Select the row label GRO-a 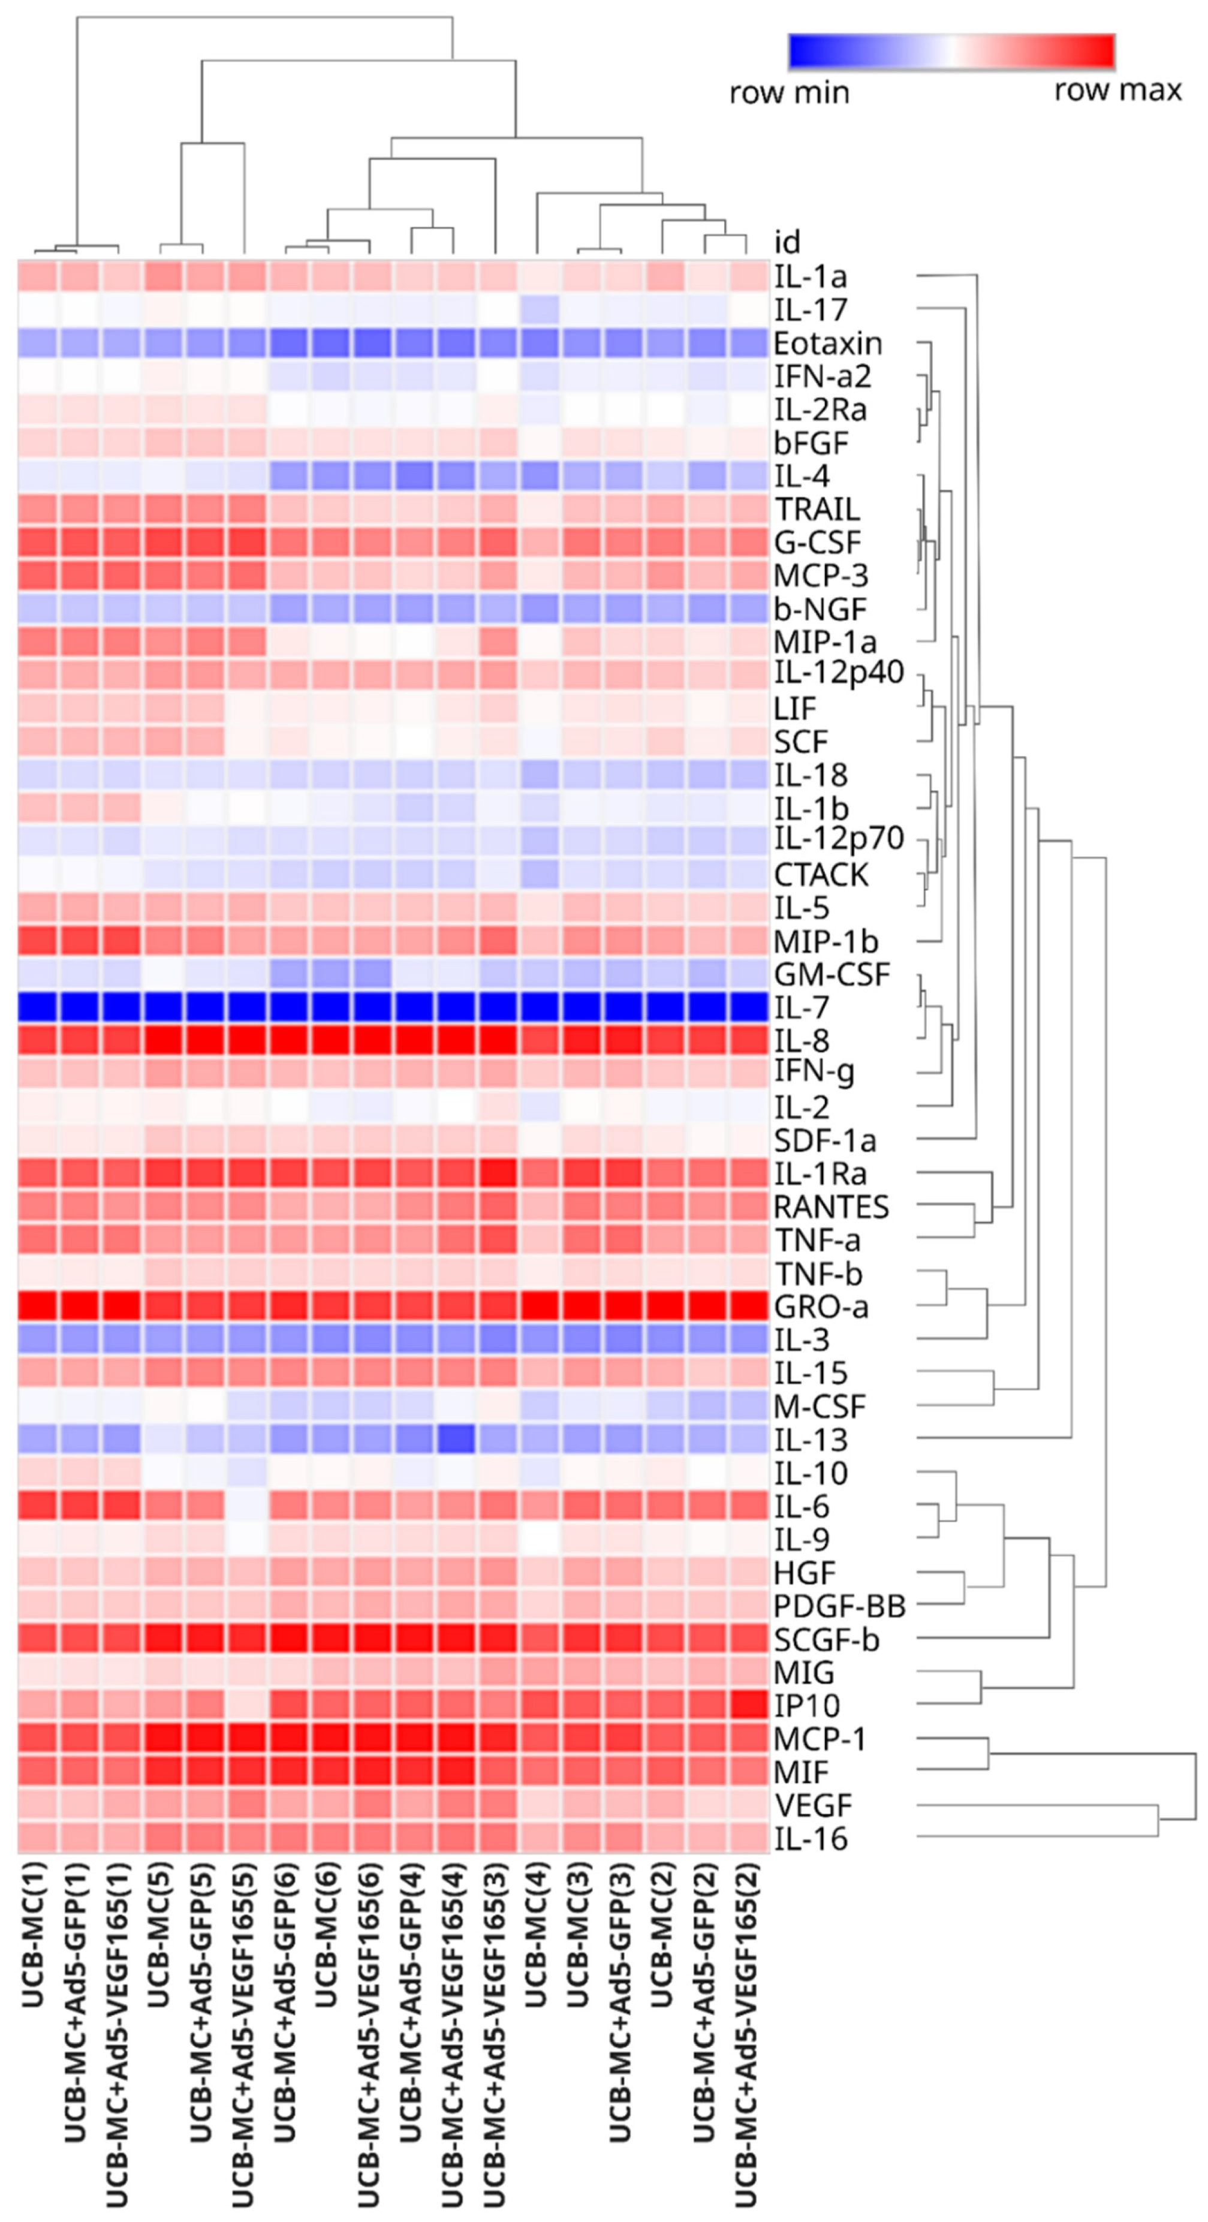click(x=821, y=1307)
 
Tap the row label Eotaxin click(x=827, y=344)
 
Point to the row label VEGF click(x=812, y=1805)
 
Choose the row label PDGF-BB click(x=839, y=1606)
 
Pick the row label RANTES click(x=831, y=1207)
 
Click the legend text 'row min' click(x=789, y=92)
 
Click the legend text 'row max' click(x=1117, y=90)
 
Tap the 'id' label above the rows click(x=787, y=242)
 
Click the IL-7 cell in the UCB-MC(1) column click(x=38, y=1007)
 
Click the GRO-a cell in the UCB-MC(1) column click(x=38, y=1307)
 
